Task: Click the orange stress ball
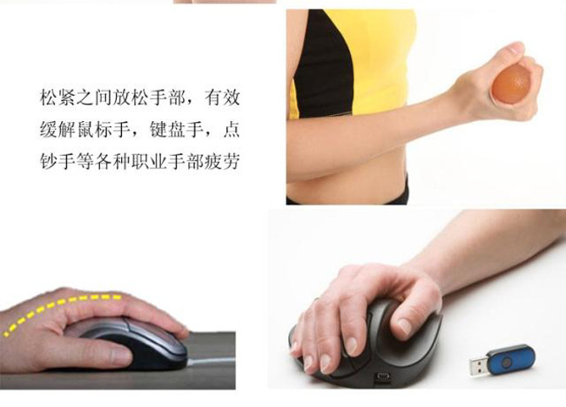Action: (x=511, y=84)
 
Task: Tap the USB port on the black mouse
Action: (x=383, y=377)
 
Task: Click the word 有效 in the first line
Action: (x=222, y=98)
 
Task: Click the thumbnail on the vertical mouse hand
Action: (x=405, y=327)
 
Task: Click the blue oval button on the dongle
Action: (x=507, y=362)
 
